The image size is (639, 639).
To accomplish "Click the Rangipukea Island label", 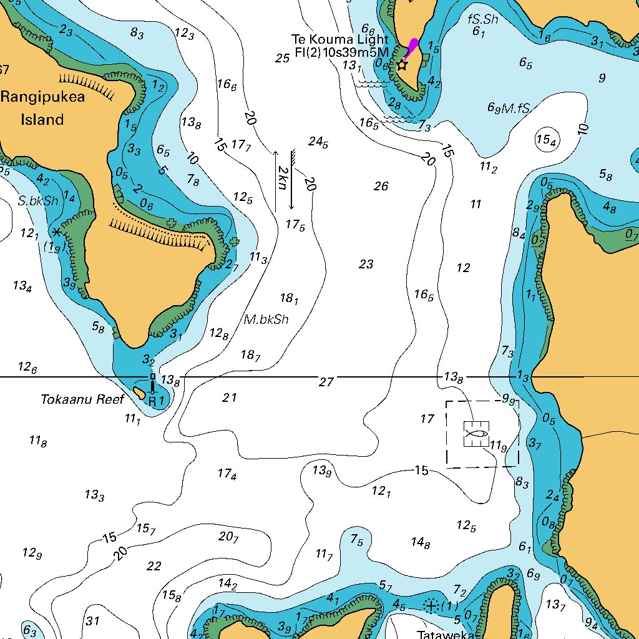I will [42, 108].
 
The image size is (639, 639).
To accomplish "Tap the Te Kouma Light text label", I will [339, 39].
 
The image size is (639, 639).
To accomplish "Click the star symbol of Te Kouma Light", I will [402, 64].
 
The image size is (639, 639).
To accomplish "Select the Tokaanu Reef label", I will [83, 399].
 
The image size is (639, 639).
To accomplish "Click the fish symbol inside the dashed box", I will [476, 434].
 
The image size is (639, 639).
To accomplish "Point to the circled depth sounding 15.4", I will [546, 140].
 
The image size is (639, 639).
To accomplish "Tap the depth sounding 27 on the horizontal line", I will [326, 382].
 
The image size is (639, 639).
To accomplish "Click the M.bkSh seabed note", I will [266, 319].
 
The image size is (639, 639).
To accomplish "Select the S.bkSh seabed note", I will [37, 200].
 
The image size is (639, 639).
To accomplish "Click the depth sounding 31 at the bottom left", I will [92, 621].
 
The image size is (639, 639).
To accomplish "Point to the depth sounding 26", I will [381, 186].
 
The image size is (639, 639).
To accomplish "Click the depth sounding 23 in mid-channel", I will [366, 265].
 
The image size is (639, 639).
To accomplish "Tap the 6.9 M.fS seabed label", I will [509, 108].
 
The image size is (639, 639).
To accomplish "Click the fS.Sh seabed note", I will [483, 19].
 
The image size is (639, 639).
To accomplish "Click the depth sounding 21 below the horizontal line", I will [230, 398].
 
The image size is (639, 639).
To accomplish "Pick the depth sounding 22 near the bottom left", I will [154, 567].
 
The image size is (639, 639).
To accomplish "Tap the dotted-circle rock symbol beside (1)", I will [431, 605].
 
